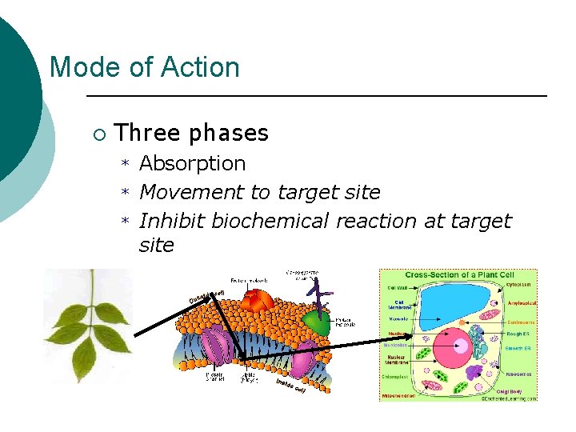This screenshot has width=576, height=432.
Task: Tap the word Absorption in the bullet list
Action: tap(192, 164)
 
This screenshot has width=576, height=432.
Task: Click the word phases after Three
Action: tap(228, 133)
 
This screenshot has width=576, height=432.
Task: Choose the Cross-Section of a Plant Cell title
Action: tap(458, 274)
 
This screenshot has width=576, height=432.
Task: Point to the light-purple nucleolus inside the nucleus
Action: tap(463, 346)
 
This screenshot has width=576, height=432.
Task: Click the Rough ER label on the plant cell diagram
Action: tap(520, 334)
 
